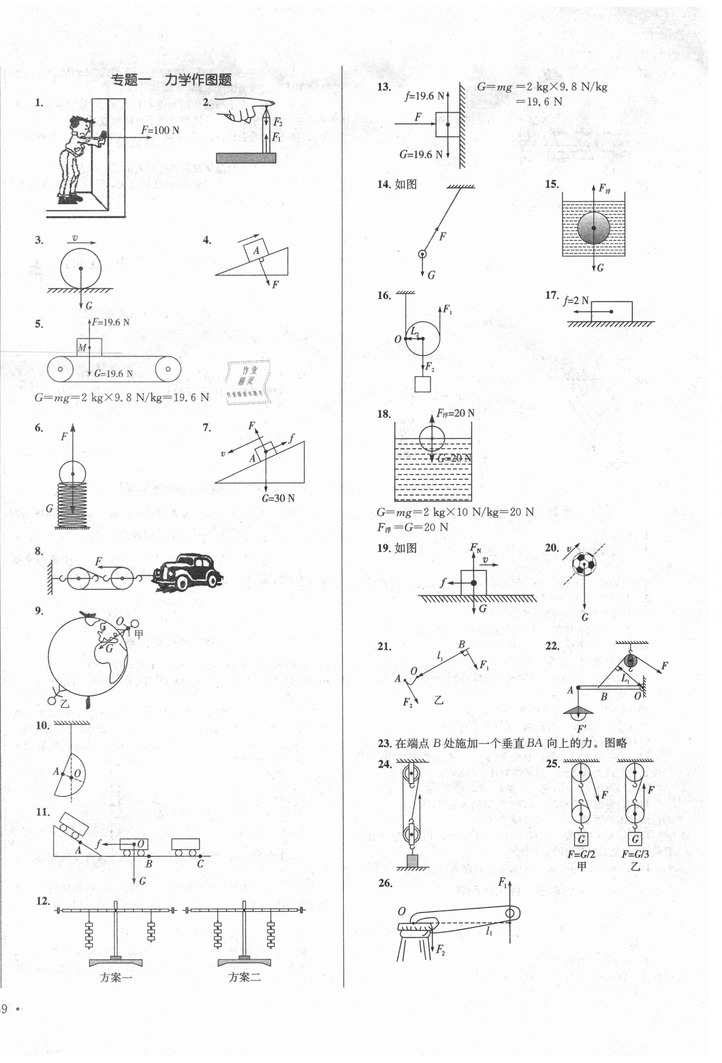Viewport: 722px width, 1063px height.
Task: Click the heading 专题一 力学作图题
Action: [172, 80]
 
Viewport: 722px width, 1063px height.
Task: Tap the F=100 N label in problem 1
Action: [160, 131]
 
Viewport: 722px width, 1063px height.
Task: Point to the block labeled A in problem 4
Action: [256, 250]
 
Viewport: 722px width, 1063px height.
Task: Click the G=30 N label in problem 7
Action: [278, 498]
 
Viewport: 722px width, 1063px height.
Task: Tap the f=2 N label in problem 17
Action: [576, 301]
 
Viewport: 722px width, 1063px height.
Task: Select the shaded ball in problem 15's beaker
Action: [593, 227]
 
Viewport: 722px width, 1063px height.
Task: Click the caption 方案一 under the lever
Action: [116, 977]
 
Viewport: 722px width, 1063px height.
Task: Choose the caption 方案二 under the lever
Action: [244, 977]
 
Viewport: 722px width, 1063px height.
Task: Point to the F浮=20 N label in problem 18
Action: [455, 413]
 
